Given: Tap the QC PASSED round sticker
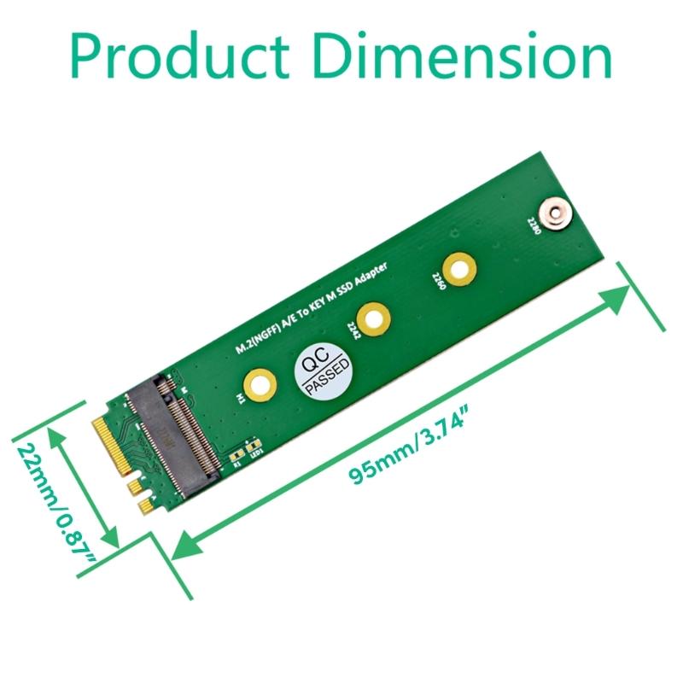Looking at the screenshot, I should pyautogui.click(x=323, y=371).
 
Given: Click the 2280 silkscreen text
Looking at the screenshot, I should pyautogui.click(x=534, y=227).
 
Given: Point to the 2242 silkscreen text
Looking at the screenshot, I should pyautogui.click(x=353, y=330).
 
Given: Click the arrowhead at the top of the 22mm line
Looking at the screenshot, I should pyautogui.click(x=61, y=435).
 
